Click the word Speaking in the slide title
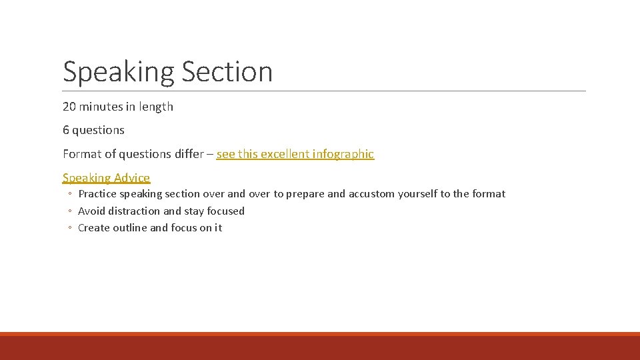tap(118, 72)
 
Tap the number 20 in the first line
tap(69, 107)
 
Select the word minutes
tap(101, 107)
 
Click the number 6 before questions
tap(66, 130)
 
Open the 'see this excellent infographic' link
tap(295, 154)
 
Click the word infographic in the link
tap(345, 154)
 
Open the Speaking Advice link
tap(106, 178)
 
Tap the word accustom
tap(371, 194)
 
